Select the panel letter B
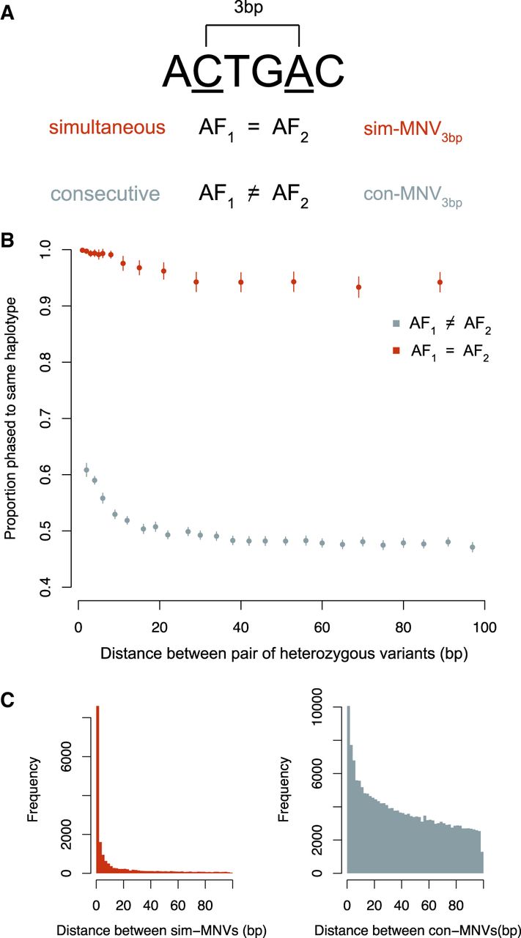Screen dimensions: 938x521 10,241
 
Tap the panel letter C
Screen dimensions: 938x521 10,700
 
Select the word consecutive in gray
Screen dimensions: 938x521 105,194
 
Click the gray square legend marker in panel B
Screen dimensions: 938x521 396,322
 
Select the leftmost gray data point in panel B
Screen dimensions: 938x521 86,470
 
